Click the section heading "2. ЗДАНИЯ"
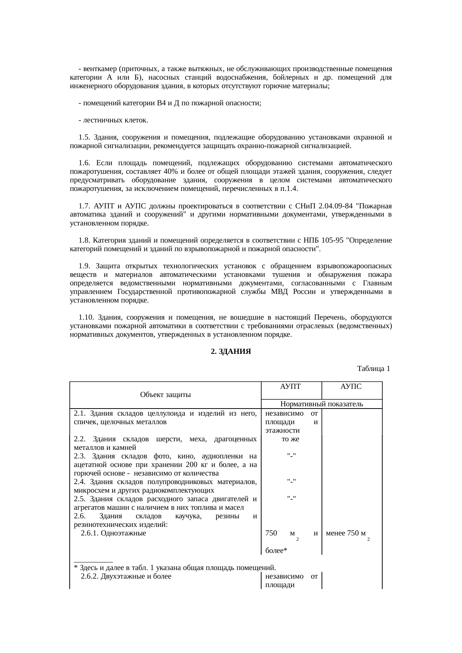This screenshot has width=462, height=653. [x=231, y=351]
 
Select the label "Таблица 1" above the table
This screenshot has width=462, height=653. [x=373, y=369]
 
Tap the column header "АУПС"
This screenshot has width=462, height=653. [x=351, y=387]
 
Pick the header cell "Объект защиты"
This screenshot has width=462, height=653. [x=165, y=395]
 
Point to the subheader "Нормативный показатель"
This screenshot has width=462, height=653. [x=321, y=404]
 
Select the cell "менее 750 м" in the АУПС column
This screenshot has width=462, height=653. [x=345, y=533]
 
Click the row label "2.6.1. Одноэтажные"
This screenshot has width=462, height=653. [x=113, y=533]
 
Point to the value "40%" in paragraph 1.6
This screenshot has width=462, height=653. [x=170, y=172]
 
